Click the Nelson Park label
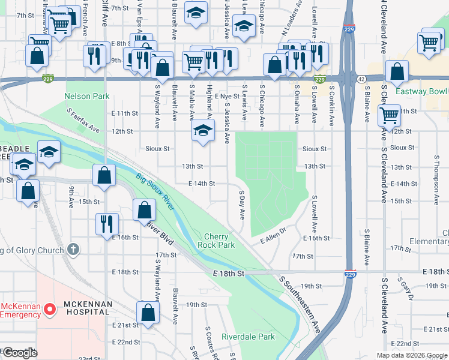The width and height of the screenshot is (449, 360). tap(87, 96)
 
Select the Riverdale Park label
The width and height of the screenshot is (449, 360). tap(248, 337)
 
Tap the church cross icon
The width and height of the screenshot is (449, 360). tap(73, 248)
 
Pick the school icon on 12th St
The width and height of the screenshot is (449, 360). tap(203, 131)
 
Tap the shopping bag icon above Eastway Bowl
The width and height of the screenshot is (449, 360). tap(397, 71)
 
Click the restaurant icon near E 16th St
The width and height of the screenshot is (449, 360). tap(104, 224)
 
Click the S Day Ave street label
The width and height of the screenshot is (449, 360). tap(243, 205)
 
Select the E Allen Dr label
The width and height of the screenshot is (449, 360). tap(271, 240)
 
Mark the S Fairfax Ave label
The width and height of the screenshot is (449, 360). tap(83, 121)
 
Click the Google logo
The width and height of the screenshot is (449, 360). tap(20, 353)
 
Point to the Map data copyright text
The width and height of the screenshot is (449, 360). tap(411, 355)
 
